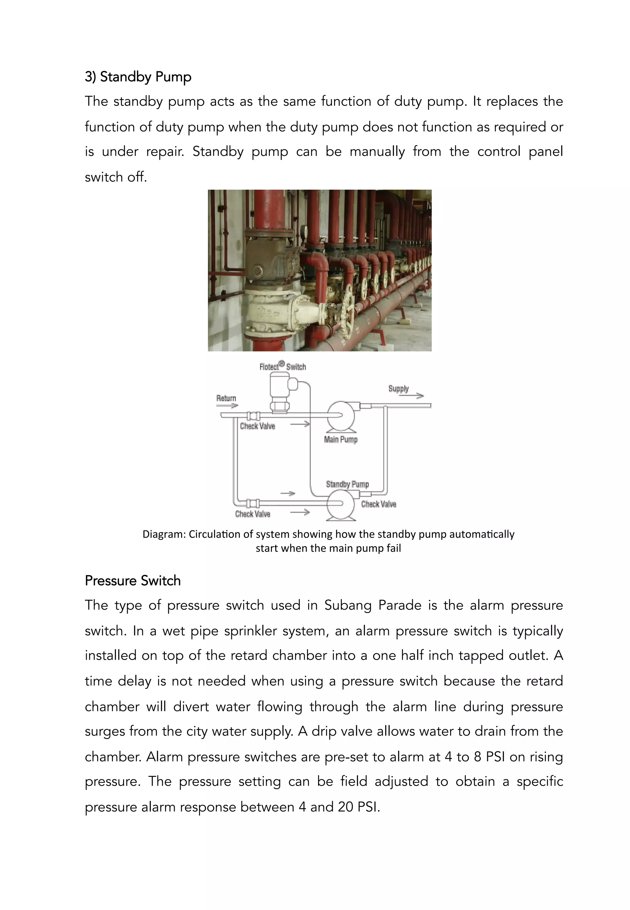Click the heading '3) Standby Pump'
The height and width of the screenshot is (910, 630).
pyautogui.click(x=138, y=77)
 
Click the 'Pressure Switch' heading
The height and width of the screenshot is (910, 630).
pyautogui.click(x=133, y=581)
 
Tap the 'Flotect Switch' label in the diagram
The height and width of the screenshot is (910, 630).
pyautogui.click(x=283, y=366)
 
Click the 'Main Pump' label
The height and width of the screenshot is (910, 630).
pyautogui.click(x=341, y=439)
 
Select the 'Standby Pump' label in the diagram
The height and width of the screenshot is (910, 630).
pyautogui.click(x=347, y=484)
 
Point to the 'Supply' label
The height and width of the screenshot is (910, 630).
pyautogui.click(x=398, y=388)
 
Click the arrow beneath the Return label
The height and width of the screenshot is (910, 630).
pyautogui.click(x=227, y=405)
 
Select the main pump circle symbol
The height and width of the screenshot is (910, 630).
pyautogui.click(x=341, y=416)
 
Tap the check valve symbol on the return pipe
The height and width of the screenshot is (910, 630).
pyautogui.click(x=253, y=415)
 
